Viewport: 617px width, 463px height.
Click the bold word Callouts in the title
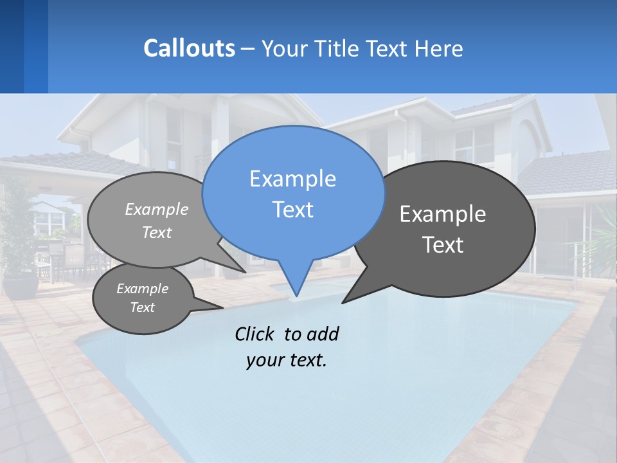[x=189, y=48]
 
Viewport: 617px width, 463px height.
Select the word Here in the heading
[x=440, y=49]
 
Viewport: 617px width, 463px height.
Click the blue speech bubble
[x=292, y=193]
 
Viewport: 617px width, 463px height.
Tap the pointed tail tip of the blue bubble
[x=296, y=296]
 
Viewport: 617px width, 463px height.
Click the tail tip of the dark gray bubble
[x=343, y=302]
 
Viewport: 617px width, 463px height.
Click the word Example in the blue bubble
[x=292, y=179]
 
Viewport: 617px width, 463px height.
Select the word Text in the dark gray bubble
[x=443, y=245]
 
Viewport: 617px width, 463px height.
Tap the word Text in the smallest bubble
[x=143, y=307]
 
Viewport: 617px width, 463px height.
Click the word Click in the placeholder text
[x=255, y=334]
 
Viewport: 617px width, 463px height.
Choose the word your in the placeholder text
[x=262, y=360]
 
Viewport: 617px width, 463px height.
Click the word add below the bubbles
[x=322, y=334]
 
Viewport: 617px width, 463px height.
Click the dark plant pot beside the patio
[x=21, y=284]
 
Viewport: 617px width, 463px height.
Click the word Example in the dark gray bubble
[x=443, y=214]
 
